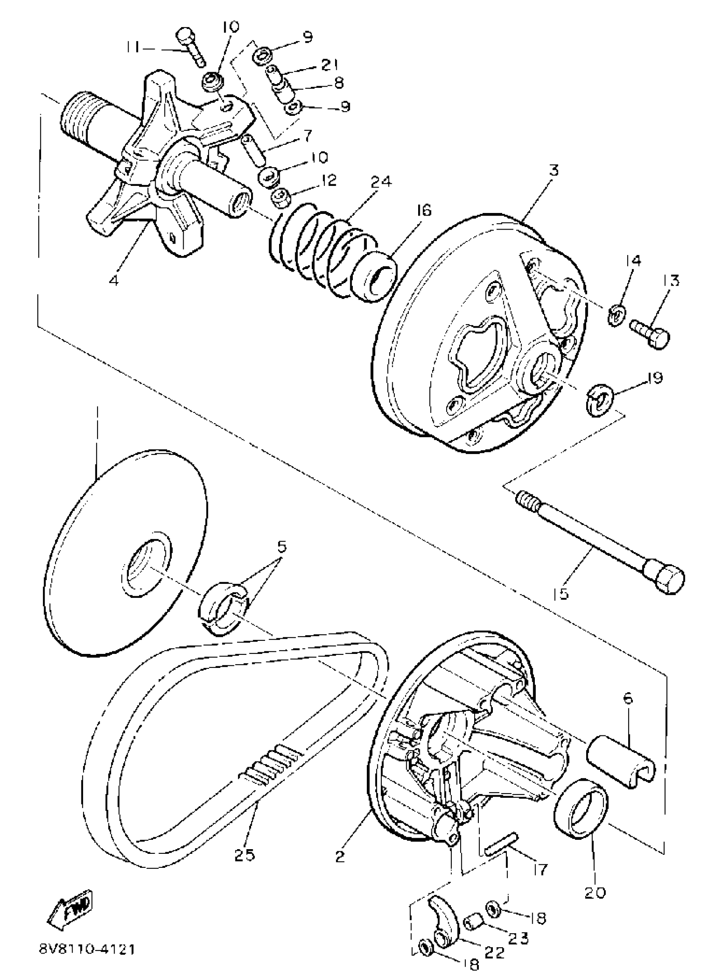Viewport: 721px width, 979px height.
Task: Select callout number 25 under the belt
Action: pos(244,854)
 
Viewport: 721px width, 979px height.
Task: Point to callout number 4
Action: pos(114,280)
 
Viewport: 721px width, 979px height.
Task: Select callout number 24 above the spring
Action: pos(381,181)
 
